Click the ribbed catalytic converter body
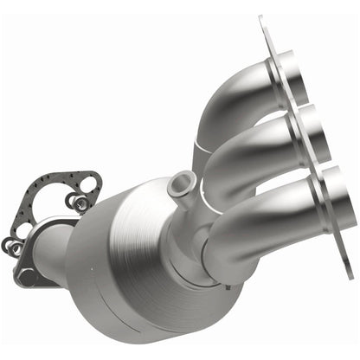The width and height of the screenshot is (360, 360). (130, 251)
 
